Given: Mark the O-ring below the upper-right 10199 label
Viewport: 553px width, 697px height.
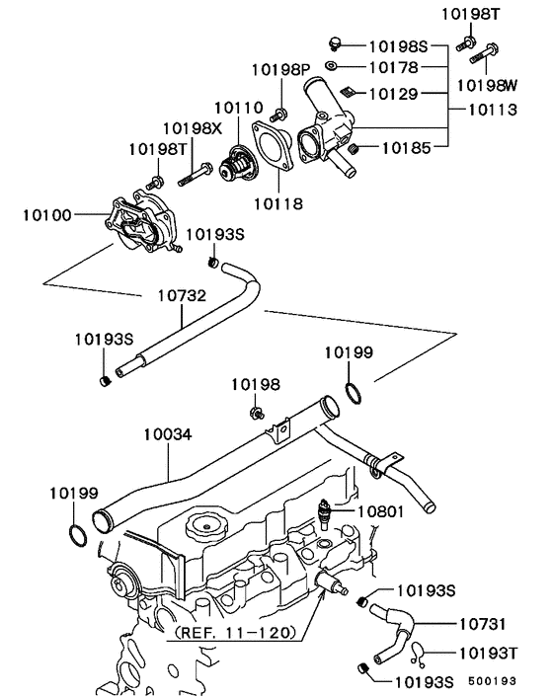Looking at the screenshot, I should pos(355,396).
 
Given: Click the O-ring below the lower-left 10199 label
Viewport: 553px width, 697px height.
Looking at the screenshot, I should pos(76,536).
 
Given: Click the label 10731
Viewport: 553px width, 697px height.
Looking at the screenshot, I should pos(484,624).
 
